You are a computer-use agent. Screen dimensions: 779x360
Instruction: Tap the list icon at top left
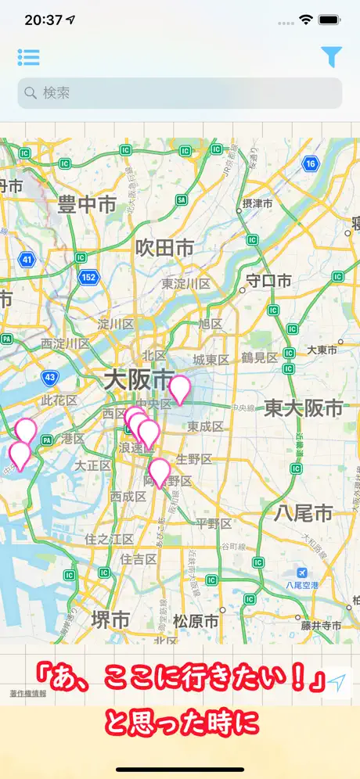[28, 57]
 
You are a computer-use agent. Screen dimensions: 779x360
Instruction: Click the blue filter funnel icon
[331, 56]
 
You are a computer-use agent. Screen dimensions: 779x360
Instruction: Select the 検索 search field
[180, 93]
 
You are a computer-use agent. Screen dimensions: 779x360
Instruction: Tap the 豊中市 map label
[87, 206]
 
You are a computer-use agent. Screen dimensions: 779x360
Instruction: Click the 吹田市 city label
[164, 248]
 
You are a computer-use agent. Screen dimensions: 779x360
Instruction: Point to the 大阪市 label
[139, 381]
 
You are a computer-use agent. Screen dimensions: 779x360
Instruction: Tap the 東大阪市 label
[304, 407]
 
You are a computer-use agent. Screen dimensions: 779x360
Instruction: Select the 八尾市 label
[304, 513]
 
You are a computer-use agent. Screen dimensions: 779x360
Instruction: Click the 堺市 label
[110, 619]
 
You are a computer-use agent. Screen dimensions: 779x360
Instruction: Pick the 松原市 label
[196, 622]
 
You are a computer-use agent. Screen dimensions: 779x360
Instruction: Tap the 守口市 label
[268, 281]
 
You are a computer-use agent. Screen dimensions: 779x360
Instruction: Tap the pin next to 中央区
[180, 389]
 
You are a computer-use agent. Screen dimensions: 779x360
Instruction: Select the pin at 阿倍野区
[160, 472]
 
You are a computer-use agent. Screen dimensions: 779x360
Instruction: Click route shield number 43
[50, 378]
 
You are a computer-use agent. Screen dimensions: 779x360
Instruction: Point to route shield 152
[88, 276]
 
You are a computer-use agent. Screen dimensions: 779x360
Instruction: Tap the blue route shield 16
[311, 163]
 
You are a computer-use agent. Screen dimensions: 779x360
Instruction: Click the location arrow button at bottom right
[337, 682]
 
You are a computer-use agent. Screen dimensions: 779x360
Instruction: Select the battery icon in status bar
[329, 20]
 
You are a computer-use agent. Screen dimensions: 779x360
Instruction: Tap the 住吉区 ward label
[139, 559]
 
